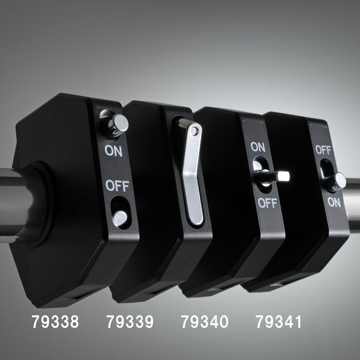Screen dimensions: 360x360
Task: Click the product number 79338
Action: coord(55,322)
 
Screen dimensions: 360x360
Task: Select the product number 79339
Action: coord(130,322)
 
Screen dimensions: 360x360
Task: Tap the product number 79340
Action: coord(204,322)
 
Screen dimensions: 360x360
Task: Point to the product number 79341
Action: coord(278,322)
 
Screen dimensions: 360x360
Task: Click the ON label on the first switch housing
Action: coord(114,151)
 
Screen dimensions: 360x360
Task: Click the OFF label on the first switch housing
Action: coord(117,186)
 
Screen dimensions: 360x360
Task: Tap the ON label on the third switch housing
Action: coord(258,147)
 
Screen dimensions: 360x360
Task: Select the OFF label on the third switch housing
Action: coord(268,203)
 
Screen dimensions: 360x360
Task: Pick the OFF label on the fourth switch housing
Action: coord(323,150)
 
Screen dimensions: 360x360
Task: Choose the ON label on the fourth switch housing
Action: coord(335,203)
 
